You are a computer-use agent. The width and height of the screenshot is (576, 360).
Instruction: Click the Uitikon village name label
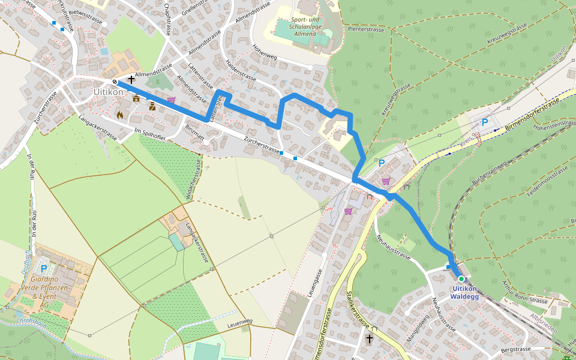109,92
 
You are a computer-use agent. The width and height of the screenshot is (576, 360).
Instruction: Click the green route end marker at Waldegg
461,279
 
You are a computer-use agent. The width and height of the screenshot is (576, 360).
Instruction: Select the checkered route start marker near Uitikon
115,82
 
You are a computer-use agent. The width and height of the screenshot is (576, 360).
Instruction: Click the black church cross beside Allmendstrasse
131,79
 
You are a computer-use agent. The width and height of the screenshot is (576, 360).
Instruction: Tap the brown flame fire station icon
120,114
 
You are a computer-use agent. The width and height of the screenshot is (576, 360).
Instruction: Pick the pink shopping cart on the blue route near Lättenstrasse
172,100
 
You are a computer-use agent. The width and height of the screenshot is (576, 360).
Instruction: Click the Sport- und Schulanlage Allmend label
302,27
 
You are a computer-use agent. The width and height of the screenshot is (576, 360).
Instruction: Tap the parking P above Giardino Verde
43,268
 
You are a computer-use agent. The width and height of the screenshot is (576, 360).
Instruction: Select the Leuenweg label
239,323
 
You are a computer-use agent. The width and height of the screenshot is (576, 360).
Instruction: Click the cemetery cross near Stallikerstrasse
370,339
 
